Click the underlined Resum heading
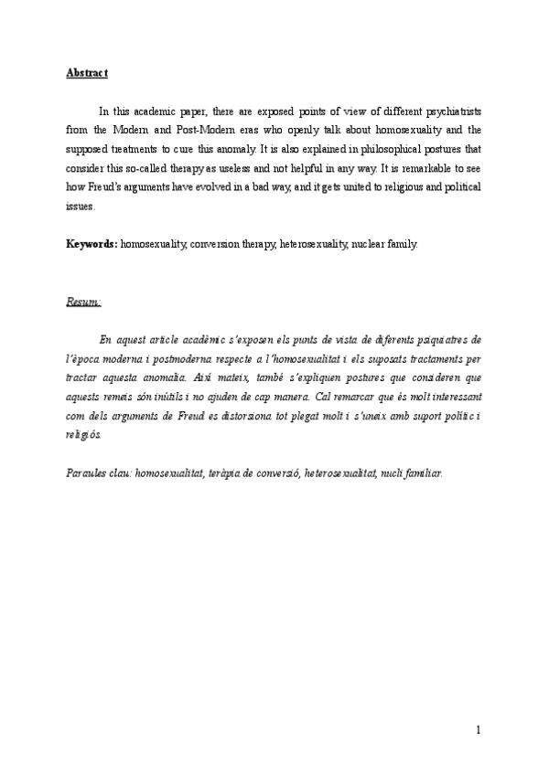coord(83,301)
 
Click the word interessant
coord(447,392)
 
